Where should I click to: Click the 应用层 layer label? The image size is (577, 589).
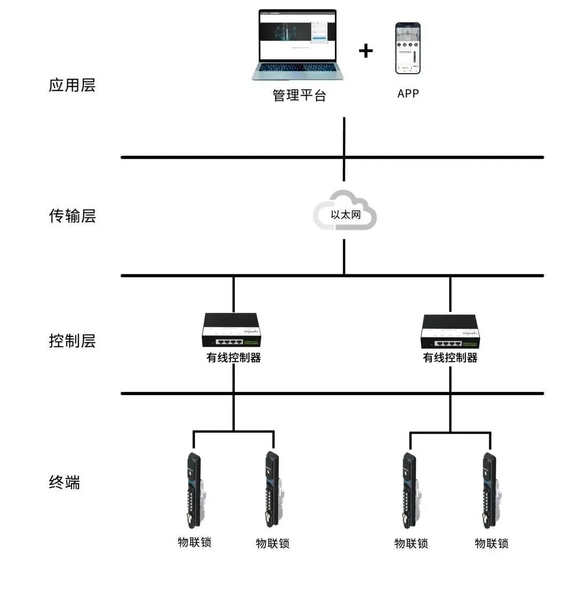click(x=72, y=85)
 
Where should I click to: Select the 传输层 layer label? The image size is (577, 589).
click(x=72, y=216)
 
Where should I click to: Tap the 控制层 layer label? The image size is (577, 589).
click(x=72, y=341)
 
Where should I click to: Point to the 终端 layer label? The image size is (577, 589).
click(x=64, y=483)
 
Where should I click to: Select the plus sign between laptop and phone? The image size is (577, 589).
click(x=365, y=51)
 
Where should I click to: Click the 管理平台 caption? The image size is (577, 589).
click(x=299, y=96)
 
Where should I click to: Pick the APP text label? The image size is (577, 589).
click(x=408, y=93)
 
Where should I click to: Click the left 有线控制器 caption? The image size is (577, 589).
click(x=233, y=358)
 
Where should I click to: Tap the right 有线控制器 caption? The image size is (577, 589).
click(x=450, y=358)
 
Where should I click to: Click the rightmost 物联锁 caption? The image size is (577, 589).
click(x=492, y=544)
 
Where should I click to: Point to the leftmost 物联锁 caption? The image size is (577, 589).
click(x=194, y=542)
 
